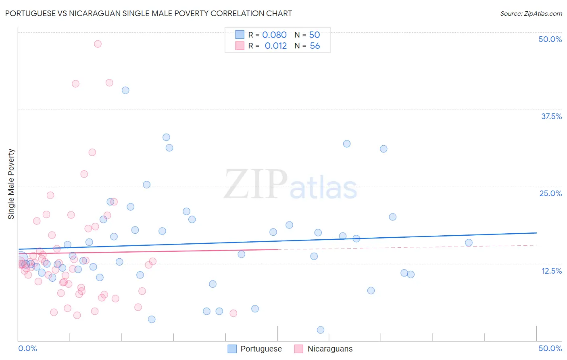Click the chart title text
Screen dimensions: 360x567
[x=148, y=13]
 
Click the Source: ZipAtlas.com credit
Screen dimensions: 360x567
[x=531, y=13]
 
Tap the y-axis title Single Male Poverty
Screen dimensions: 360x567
[x=11, y=184]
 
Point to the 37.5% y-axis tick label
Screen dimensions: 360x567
[x=551, y=116]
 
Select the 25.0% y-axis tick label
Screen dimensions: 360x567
[x=550, y=193]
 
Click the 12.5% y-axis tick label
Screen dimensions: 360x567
[x=551, y=271]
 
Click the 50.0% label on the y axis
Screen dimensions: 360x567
[x=550, y=39]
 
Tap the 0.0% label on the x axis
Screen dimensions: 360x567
[x=27, y=348]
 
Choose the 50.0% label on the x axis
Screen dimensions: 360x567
[x=550, y=348]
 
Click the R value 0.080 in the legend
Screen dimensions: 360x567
[x=274, y=35]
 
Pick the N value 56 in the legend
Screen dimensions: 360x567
[x=315, y=46]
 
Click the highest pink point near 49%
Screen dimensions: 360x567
[x=98, y=44]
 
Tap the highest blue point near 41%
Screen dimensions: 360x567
[x=125, y=90]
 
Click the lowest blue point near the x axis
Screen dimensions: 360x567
[x=321, y=330]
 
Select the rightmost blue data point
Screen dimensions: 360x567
[x=469, y=243]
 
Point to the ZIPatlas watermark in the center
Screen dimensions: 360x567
[x=290, y=185]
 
